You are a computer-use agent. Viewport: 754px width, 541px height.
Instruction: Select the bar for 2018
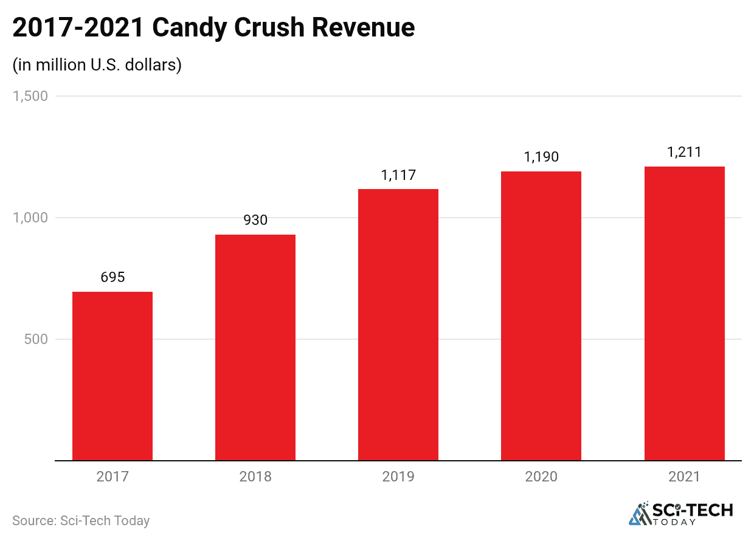tap(255, 347)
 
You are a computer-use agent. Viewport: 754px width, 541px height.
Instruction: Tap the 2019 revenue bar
tap(398, 325)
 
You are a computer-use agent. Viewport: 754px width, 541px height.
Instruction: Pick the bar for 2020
tap(541, 315)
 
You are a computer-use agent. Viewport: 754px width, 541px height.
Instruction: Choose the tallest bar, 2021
tap(684, 313)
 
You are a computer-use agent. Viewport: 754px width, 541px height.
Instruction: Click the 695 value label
tap(112, 277)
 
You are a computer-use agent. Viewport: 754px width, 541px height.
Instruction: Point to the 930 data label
tap(255, 220)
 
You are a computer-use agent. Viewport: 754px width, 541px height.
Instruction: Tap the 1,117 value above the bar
tap(398, 175)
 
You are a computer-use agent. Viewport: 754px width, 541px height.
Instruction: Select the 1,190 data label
tap(541, 157)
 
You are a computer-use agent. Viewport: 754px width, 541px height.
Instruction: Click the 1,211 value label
tap(684, 152)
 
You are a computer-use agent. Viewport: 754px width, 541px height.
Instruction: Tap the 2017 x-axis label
tap(112, 477)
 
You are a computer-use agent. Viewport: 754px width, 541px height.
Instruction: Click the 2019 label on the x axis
tap(398, 477)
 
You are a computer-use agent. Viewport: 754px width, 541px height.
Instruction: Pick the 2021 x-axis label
tap(684, 477)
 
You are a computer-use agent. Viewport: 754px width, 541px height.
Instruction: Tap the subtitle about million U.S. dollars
tap(97, 65)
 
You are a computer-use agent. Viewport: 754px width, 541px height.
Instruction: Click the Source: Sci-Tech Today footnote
tap(81, 521)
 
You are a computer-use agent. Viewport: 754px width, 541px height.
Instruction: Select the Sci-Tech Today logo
tap(680, 514)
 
